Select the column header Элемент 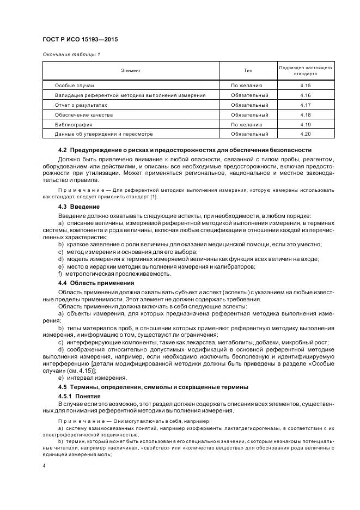coord(130,70)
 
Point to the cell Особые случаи coord(75,86)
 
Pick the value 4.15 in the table coord(305,86)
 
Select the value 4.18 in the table coord(305,114)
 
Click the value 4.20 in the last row coord(305,133)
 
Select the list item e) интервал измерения coord(92,377)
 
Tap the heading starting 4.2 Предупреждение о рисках coord(185,150)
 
